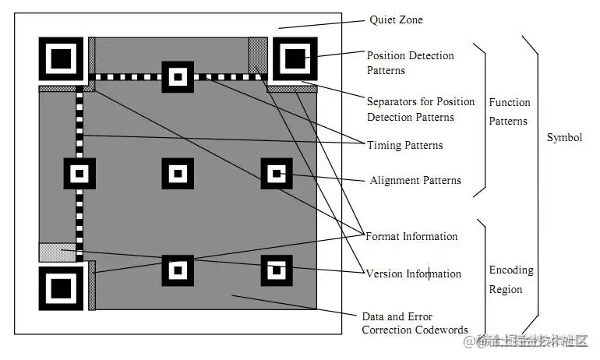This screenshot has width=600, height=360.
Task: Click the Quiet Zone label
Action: [396, 20]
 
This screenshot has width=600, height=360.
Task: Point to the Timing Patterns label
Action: [404, 146]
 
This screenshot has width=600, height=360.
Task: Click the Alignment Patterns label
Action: [415, 181]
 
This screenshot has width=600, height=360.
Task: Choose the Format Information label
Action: [411, 236]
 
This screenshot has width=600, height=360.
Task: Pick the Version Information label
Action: [413, 274]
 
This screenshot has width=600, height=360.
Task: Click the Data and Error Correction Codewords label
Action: [415, 323]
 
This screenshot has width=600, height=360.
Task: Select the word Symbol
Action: [564, 138]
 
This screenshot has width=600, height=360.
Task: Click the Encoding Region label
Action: [511, 280]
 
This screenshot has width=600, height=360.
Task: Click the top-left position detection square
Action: [60, 57]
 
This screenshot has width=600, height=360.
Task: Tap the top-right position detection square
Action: [295, 57]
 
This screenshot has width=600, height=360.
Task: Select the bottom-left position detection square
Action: [60, 288]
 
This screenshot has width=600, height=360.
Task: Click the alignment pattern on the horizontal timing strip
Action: [178, 76]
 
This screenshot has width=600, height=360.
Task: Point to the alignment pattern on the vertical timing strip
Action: [79, 173]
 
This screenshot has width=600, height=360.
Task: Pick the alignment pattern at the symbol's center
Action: [178, 173]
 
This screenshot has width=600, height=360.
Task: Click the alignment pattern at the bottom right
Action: [276, 270]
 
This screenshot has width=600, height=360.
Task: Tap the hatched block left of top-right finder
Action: [258, 54]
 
